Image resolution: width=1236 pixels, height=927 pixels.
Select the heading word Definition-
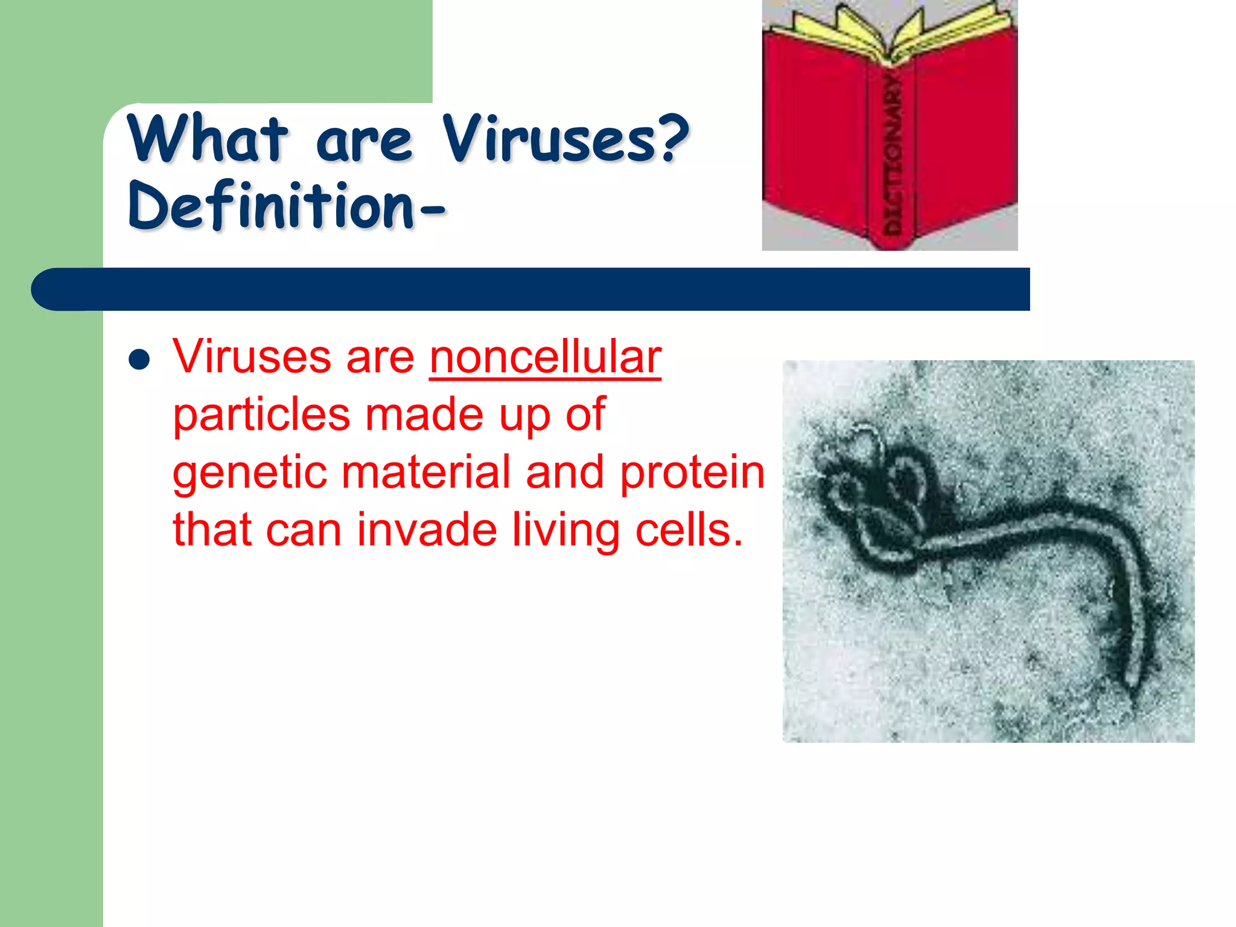point(287,206)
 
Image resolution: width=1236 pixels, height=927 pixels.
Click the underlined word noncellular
point(545,357)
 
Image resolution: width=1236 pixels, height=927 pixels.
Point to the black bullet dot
point(139,360)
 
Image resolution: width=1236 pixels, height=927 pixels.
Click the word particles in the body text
point(261,415)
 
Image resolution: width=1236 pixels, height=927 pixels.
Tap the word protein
point(692,473)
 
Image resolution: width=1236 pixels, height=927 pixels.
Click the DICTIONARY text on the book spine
point(892,154)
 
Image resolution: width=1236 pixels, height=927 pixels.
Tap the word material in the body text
point(426,473)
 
